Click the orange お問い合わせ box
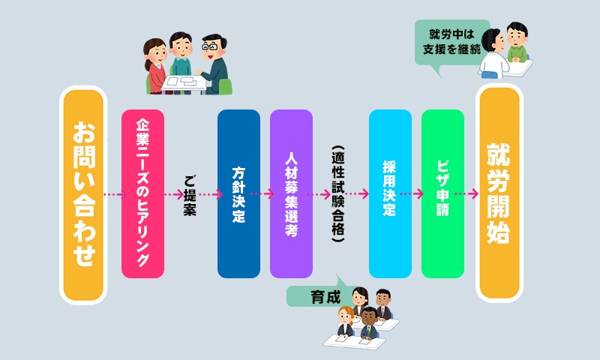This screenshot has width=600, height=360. [x=83, y=195]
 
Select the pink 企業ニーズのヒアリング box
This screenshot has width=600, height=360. [x=142, y=193]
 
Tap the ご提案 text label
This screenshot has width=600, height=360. [x=190, y=196]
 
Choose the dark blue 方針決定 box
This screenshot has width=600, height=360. [x=238, y=193]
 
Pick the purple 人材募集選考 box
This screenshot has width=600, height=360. [x=291, y=193]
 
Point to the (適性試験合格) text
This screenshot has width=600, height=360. [x=338, y=193]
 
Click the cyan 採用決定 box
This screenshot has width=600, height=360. [x=390, y=193]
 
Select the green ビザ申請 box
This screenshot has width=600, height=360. [x=442, y=193]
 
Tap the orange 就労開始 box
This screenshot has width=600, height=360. [x=499, y=193]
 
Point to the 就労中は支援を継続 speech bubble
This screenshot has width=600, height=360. [x=451, y=44]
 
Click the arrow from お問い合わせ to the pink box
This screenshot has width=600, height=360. [x=115, y=194]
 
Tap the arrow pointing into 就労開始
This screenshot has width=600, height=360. [x=466, y=193]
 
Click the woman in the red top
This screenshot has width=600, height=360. [x=155, y=66]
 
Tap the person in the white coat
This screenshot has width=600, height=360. [x=494, y=53]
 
